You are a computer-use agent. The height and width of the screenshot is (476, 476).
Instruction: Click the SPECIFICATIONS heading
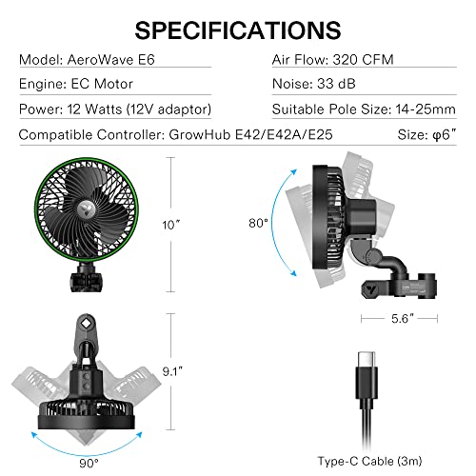click(237, 30)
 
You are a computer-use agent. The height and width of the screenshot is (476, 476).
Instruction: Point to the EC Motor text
click(105, 83)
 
